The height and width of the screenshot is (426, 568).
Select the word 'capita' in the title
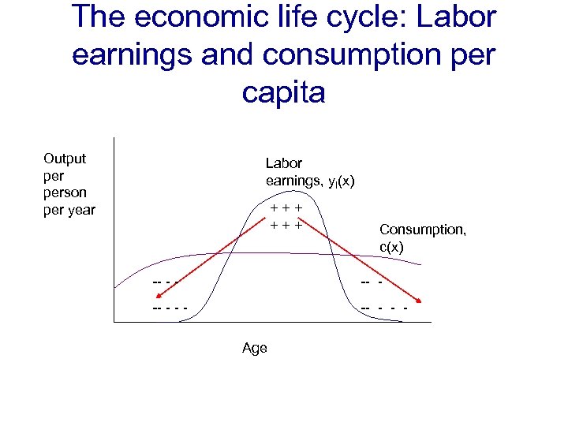283,92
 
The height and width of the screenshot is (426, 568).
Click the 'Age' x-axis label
255,348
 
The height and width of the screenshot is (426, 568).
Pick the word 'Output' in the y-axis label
65,159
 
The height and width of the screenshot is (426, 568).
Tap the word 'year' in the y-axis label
80,210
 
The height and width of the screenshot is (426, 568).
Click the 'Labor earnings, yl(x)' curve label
309,173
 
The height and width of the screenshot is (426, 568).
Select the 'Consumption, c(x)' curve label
411,237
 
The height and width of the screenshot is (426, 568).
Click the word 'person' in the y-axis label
65,192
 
